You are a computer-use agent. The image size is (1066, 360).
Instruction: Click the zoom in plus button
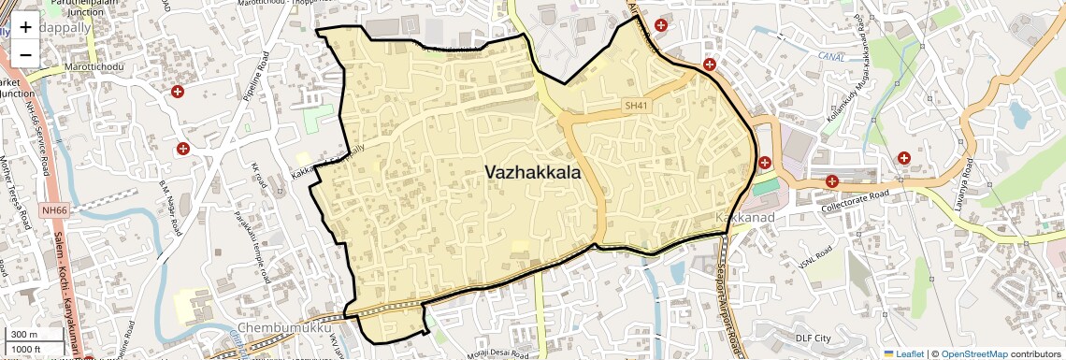tap(25, 28)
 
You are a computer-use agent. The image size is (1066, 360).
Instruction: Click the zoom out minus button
tap(25, 53)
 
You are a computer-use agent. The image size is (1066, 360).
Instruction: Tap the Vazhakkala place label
tap(532, 173)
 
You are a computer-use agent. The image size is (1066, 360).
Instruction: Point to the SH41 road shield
tap(636, 106)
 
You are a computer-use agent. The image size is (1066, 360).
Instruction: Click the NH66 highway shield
tap(53, 211)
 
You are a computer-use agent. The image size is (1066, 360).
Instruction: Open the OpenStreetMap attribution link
tap(973, 353)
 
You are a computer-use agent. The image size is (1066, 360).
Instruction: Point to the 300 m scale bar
tap(25, 335)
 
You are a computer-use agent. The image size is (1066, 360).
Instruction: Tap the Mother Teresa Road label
tap(20, 188)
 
